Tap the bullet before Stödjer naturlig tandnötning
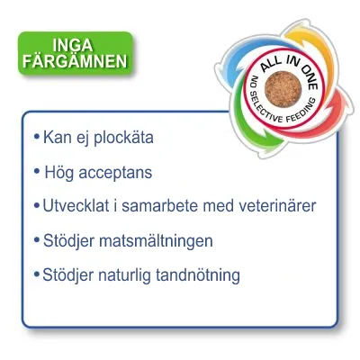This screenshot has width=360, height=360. coord(36,274)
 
